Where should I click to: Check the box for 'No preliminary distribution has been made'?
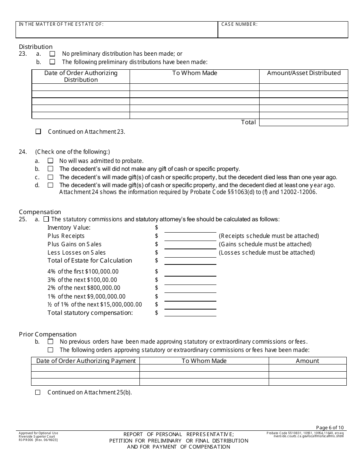coord(52,54)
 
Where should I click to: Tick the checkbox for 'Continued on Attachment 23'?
coord(38,131)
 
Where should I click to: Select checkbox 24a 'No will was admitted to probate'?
coord(50,161)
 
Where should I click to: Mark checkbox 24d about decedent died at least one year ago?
coord(50,185)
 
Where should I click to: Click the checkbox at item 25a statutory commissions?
coord(46,219)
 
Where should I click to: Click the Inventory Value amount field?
coord(190,228)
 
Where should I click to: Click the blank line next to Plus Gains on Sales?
coord(190,245)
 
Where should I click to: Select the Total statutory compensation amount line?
coord(190,313)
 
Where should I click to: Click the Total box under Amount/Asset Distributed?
coord(303,122)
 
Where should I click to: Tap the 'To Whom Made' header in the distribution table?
coord(194,73)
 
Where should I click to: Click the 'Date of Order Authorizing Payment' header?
coord(86,361)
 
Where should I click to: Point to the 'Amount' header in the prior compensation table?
coord(307,361)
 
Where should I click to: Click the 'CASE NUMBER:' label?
coord(239,24)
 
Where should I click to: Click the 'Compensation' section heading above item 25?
coord(40,212)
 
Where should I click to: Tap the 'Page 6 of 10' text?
coord(330,427)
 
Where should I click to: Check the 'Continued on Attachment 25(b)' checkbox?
coord(38,393)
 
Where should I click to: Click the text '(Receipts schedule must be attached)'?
coord(269,236)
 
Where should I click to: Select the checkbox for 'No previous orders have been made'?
coord(50,342)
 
